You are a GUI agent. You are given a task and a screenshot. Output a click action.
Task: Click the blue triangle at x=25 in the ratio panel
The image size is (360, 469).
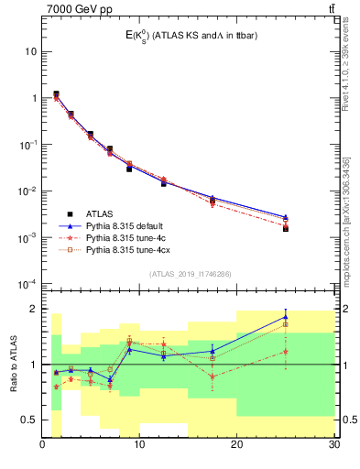(286, 317)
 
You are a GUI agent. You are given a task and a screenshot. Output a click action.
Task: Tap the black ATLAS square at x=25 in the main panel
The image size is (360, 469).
(286, 228)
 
